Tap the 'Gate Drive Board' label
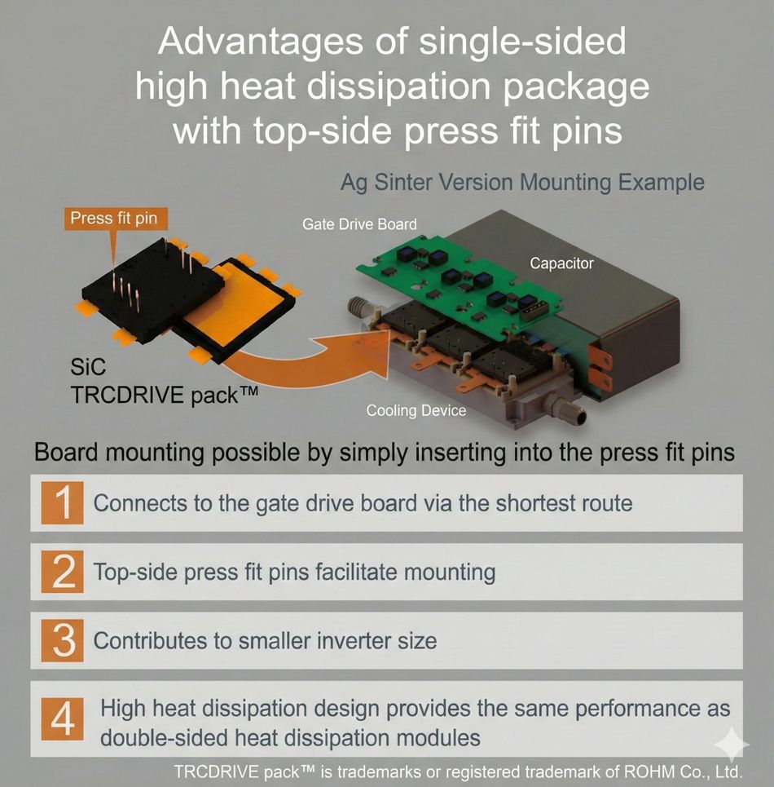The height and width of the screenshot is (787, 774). pyautogui.click(x=359, y=223)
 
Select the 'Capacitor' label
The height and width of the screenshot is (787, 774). pyautogui.click(x=561, y=263)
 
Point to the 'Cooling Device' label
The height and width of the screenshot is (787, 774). pyautogui.click(x=416, y=410)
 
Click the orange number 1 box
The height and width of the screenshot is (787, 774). pyautogui.click(x=64, y=502)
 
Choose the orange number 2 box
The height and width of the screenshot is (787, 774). pyautogui.click(x=64, y=573)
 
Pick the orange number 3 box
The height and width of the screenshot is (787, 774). pyautogui.click(x=64, y=641)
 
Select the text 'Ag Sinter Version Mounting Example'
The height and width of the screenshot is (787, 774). pyautogui.click(x=521, y=182)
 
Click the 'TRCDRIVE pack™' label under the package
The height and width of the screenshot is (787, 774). pyautogui.click(x=165, y=395)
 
